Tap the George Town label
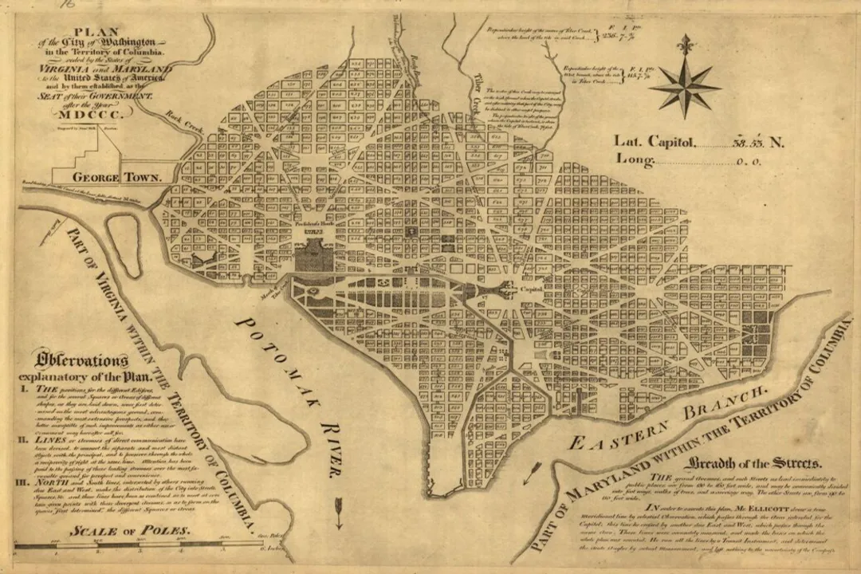pos(117,177)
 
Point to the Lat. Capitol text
pos(655,142)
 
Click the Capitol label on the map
pos(532,290)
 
